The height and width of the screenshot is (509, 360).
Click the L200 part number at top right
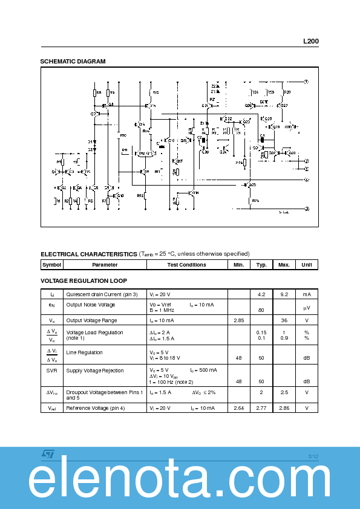coord(311,42)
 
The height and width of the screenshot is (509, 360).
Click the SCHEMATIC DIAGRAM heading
coord(73,61)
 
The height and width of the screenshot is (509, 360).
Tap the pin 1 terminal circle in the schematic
coord(306,81)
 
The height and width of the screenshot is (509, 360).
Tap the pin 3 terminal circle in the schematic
coord(307,209)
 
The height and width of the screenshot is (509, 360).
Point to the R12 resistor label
coord(140,195)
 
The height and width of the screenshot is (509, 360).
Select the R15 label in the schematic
coord(155,92)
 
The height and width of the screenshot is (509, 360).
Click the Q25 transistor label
coord(253,185)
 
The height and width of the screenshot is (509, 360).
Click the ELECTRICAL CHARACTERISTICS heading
coord(88,254)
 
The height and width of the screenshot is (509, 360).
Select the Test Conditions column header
coord(186,265)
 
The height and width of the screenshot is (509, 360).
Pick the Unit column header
coord(307,265)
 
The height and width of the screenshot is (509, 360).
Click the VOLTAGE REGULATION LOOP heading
coord(83,280)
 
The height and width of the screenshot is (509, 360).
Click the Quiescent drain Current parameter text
coord(102,294)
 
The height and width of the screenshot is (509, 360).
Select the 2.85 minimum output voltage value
coord(238,320)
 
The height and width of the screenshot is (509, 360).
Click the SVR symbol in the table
coord(51,371)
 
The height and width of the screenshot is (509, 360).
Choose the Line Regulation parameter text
coord(84,352)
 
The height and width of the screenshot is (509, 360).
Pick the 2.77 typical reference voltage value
coord(261,408)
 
